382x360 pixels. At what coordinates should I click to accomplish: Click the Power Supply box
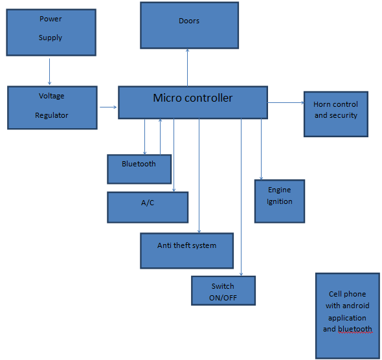tap(51, 32)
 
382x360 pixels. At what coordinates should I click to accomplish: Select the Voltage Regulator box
tap(52, 107)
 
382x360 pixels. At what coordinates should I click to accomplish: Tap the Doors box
tap(189, 25)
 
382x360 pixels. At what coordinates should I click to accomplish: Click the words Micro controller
tap(193, 98)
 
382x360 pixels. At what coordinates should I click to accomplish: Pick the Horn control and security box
tap(336, 114)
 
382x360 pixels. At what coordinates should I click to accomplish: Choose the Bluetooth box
tap(139, 169)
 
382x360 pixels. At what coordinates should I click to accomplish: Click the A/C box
tap(148, 207)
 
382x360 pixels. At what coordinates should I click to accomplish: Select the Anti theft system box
tap(187, 251)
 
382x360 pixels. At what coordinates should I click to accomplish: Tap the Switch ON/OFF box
tap(223, 291)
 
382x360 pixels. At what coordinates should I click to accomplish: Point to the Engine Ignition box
tap(280, 201)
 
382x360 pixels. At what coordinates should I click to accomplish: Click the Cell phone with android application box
tap(348, 316)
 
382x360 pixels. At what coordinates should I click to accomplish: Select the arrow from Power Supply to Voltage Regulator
tap(49, 72)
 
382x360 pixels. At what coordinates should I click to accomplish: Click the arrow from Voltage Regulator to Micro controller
tap(108, 107)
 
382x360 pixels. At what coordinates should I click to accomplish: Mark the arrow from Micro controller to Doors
tap(187, 67)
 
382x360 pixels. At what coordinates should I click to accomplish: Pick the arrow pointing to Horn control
tap(286, 102)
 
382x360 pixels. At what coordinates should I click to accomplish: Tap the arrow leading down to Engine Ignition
tap(261, 150)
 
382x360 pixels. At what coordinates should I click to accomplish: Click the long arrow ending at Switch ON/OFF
tap(242, 197)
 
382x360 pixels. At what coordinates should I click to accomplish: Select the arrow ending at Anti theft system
tap(199, 176)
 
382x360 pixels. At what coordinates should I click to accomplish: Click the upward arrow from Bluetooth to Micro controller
tap(160, 137)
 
